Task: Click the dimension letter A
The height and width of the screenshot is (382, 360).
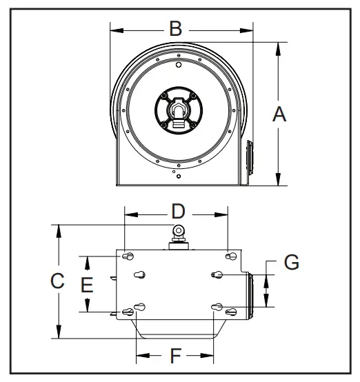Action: tap(279, 114)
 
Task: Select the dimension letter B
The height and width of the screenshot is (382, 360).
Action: tap(177, 29)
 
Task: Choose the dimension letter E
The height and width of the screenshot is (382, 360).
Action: tap(87, 284)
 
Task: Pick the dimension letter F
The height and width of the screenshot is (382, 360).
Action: tap(175, 356)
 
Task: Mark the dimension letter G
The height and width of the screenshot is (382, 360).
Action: tap(292, 263)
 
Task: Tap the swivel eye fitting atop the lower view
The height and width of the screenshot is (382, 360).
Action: tap(178, 232)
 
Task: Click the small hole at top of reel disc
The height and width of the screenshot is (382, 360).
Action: tap(179, 66)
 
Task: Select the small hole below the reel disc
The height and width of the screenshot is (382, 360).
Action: tap(179, 177)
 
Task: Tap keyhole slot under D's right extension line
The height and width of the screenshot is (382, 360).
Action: tap(229, 257)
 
